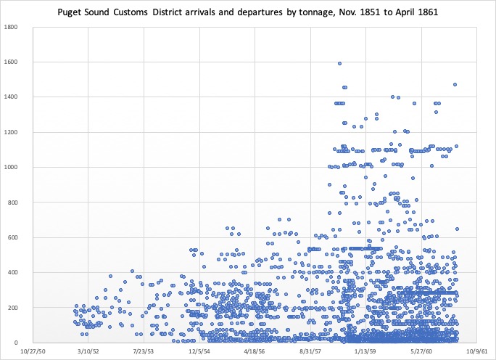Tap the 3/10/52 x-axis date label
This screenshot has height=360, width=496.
tap(88, 351)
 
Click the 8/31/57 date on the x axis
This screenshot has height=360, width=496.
tap(310, 351)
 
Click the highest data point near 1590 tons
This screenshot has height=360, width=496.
tap(339, 64)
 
